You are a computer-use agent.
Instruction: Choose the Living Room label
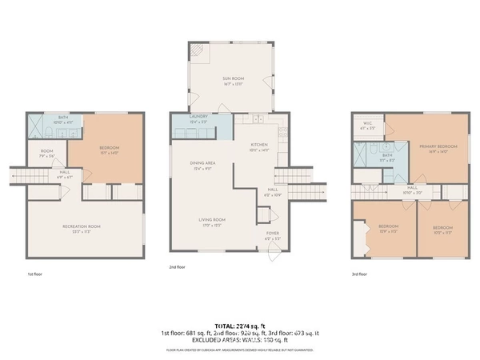click(x=212, y=222)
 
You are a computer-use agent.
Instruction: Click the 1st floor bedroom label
click(x=110, y=150)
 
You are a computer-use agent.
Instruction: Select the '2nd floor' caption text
click(x=178, y=267)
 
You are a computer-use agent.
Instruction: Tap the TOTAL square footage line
click(x=240, y=326)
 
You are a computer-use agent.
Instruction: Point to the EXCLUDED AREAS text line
click(x=240, y=341)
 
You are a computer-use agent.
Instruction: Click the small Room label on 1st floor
click(x=47, y=154)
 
